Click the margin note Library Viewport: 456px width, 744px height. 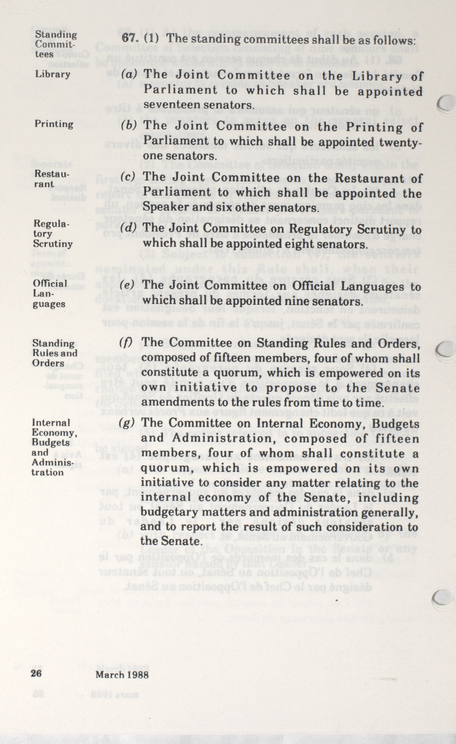pos(53,74)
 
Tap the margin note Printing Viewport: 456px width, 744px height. pos(54,124)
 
